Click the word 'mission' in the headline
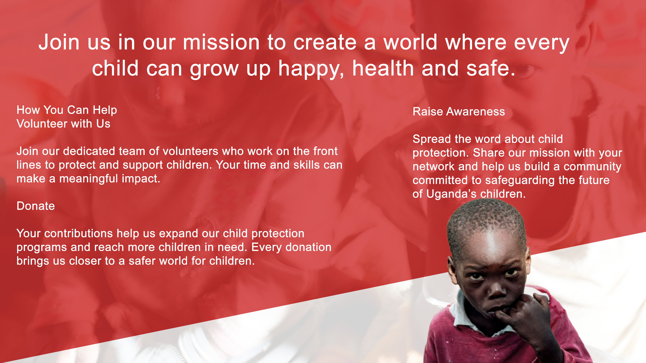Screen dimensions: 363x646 pos(221,43)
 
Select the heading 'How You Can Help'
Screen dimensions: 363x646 pos(67,110)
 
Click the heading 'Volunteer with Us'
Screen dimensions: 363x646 pos(63,124)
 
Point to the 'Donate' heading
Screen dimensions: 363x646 pos(36,206)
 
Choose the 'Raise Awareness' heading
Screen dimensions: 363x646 pos(459,111)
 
